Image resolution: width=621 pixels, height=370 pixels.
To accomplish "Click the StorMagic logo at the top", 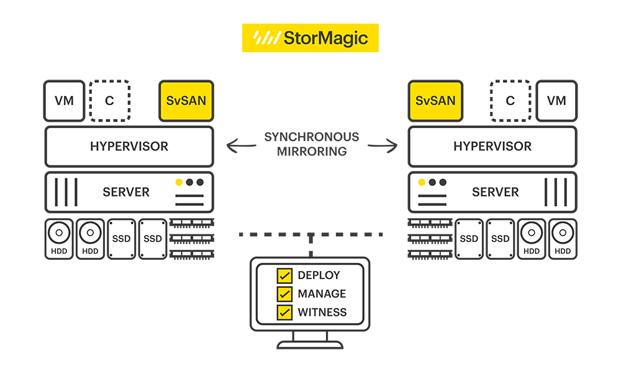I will point(310,38).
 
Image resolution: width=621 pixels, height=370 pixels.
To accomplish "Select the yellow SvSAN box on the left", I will point(186,101).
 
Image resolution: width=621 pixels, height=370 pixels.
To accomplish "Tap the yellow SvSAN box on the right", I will point(435,101).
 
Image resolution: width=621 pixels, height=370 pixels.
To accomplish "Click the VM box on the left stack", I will point(64,101).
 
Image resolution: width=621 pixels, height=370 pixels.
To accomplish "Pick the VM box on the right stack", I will point(556,101).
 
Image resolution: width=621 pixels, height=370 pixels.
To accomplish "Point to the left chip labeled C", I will point(109,101).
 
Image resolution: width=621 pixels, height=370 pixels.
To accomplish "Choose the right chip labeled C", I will point(510,101).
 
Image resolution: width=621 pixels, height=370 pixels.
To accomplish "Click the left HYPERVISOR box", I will point(129,147).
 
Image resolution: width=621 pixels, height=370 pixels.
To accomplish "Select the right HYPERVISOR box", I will point(492,147).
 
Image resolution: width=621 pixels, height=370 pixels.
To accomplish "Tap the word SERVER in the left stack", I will point(126,192).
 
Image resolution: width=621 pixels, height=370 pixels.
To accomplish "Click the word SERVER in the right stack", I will point(496,192).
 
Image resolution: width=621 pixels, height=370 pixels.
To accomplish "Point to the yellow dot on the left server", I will point(179,182).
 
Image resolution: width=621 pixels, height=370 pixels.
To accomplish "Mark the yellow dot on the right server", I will point(422,182).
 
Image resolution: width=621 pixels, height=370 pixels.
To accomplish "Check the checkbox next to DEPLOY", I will point(284,275).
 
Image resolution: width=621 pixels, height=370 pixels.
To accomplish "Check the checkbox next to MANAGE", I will point(284,294).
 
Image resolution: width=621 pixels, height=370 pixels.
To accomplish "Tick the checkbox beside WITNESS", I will point(284,312).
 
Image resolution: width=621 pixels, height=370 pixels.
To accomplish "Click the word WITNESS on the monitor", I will point(322,312).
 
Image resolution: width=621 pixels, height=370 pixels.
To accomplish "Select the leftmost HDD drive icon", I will point(59,239).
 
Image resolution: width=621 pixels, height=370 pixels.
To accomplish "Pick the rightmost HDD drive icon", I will point(563,239).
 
